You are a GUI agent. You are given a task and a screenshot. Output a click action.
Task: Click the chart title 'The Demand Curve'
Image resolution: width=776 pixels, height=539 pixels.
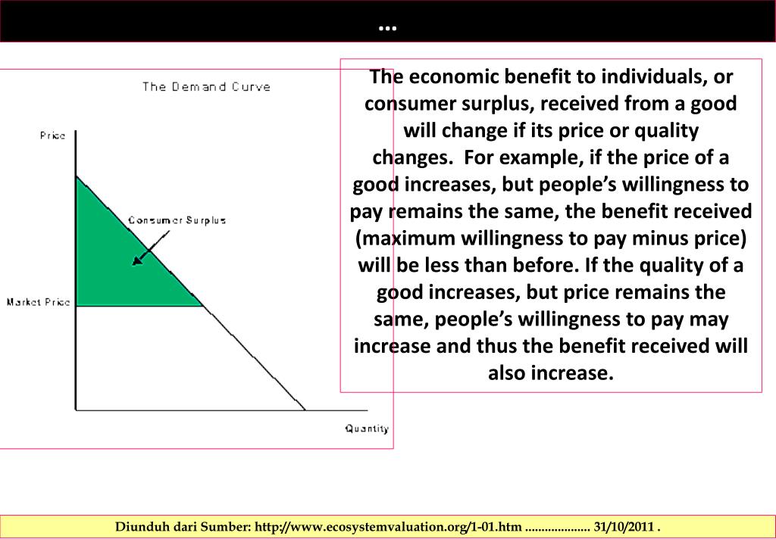pos(206,86)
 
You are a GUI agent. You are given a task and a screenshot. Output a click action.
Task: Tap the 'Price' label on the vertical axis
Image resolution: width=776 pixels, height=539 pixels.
pos(53,136)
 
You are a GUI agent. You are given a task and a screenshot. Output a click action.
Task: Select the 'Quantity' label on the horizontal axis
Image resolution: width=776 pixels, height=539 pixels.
pos(367,428)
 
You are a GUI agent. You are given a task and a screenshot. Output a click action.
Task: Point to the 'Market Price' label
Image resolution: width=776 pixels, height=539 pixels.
pos(38,302)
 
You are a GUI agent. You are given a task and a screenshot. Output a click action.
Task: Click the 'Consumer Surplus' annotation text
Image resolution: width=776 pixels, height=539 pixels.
pos(177,220)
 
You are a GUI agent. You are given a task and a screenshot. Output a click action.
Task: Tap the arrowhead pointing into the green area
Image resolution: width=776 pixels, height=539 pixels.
pos(136,261)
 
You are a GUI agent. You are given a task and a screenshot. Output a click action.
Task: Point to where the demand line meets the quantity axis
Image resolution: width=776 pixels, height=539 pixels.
pos(305,410)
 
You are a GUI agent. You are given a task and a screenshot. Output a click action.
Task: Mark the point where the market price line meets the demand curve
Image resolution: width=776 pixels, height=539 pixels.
pos(203,306)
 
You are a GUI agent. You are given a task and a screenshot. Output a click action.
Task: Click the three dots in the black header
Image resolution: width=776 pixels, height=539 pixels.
pos(387,28)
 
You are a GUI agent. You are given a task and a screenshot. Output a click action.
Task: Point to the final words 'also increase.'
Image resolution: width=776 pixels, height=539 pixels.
pos(550,373)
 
